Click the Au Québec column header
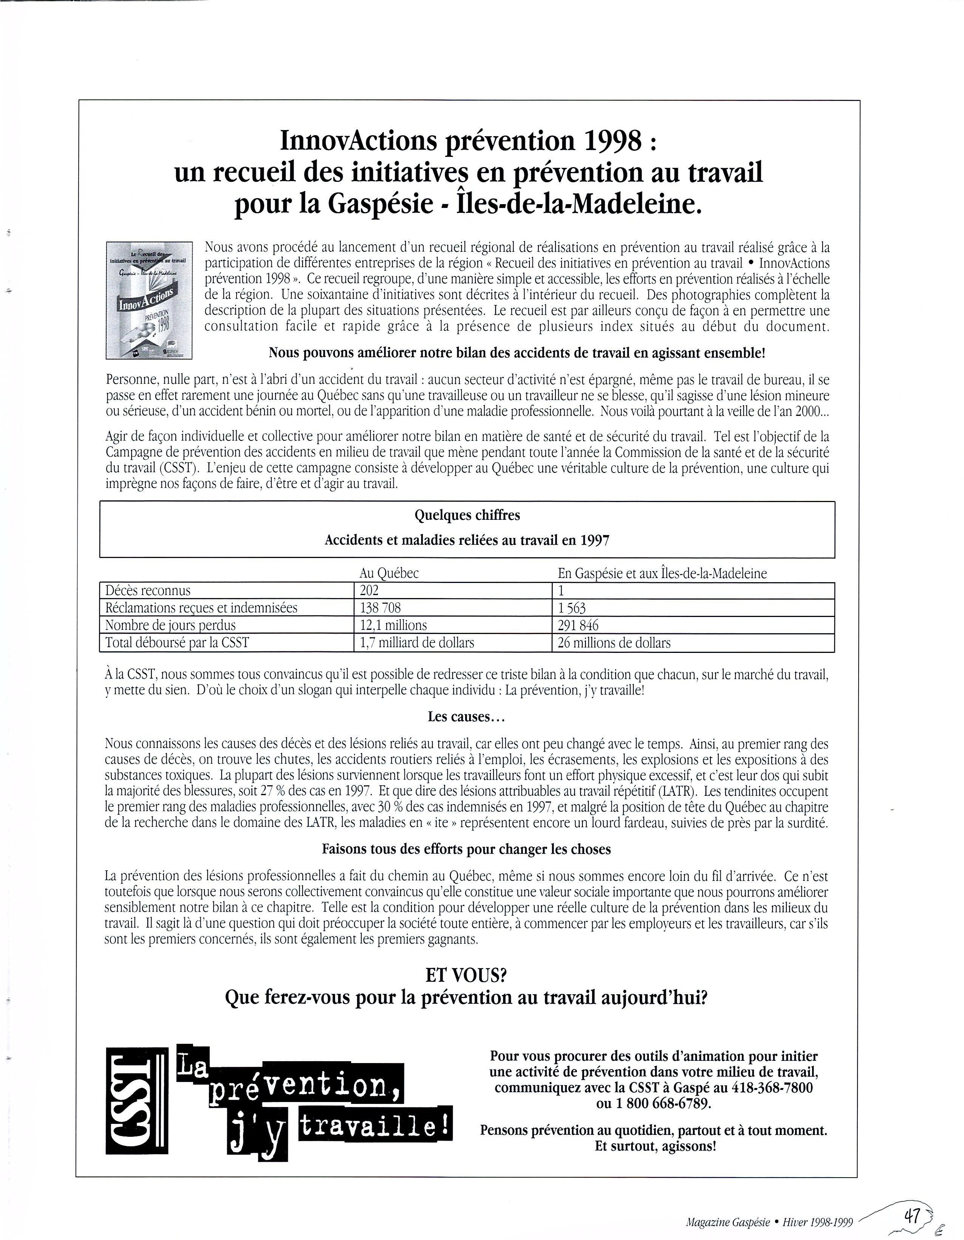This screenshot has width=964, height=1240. click(x=389, y=573)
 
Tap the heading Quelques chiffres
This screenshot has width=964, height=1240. click(x=467, y=516)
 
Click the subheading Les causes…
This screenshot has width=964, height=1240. click(x=466, y=716)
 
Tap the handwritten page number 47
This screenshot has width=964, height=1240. click(x=912, y=1214)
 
